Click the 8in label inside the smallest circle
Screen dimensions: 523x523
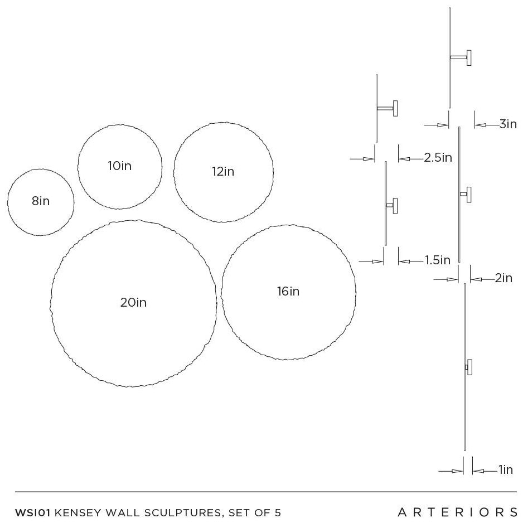(x=41, y=201)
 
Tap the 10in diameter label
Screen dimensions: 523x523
(x=119, y=166)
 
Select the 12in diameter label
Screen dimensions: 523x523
(x=223, y=171)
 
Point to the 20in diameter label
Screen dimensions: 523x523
(x=133, y=303)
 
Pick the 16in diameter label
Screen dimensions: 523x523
(x=288, y=291)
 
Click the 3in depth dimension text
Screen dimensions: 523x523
(x=508, y=124)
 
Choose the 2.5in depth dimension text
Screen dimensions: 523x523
(x=438, y=157)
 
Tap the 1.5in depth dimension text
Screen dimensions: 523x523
(x=438, y=260)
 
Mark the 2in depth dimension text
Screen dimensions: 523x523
(x=503, y=278)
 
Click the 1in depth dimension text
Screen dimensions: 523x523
(x=506, y=469)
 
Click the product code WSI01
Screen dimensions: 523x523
(x=33, y=512)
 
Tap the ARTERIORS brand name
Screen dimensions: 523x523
(x=458, y=512)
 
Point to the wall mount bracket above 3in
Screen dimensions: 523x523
(x=461, y=57)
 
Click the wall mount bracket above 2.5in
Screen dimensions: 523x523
(x=388, y=108)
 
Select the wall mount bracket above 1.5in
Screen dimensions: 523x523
(x=392, y=206)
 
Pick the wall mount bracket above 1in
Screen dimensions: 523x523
(x=468, y=367)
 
